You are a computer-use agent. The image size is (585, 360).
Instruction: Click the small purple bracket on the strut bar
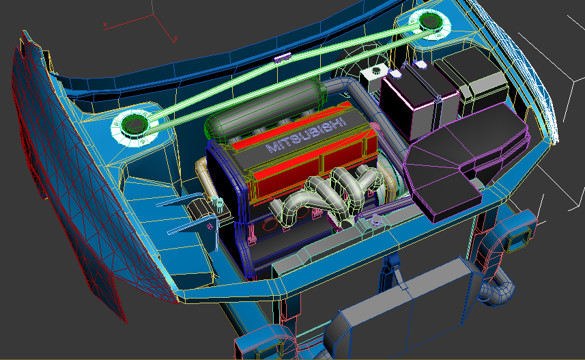coord(283,57)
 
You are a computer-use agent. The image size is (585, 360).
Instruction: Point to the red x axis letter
coord(105,25)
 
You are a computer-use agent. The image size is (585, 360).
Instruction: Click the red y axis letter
coord(175,38)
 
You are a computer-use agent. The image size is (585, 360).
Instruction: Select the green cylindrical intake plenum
coord(265,109)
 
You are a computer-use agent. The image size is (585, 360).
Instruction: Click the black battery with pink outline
coord(420,101)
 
